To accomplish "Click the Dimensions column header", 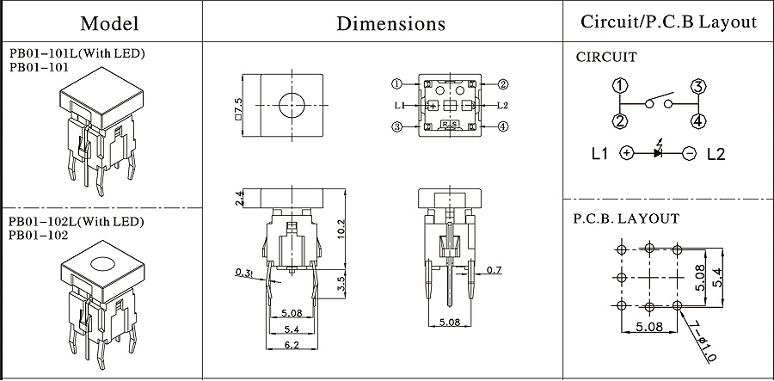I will point(390,22).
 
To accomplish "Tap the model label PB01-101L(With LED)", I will point(77,53).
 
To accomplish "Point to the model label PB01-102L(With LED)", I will point(77,222).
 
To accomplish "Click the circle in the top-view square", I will point(292,105).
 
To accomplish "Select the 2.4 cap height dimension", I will point(238,200).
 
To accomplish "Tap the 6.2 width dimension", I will point(292,347).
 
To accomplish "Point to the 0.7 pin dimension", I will point(493,271).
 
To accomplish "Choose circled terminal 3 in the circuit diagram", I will point(697,85).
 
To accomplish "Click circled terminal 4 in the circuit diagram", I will point(697,120).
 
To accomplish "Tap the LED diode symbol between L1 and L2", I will point(658,153).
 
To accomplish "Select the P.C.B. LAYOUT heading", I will point(626,218).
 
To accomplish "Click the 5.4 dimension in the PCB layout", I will point(726,276).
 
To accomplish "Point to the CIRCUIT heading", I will point(606,58).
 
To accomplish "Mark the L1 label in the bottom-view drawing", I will point(399,106).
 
